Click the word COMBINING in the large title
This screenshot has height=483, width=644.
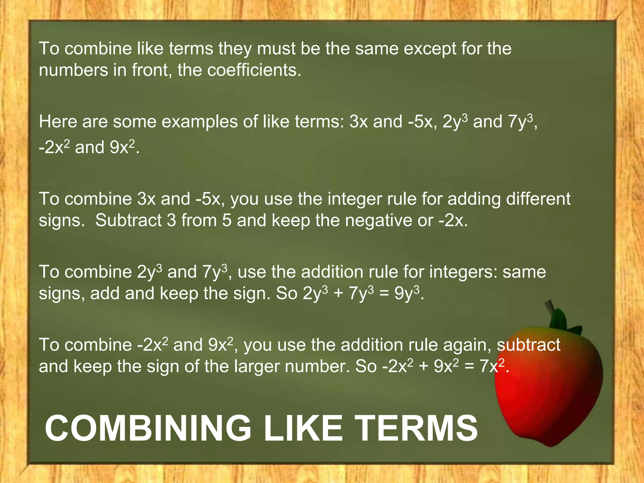[148, 428]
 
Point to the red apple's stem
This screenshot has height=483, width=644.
[550, 309]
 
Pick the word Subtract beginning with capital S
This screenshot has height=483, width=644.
[129, 220]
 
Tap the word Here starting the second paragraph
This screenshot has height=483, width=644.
[58, 122]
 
